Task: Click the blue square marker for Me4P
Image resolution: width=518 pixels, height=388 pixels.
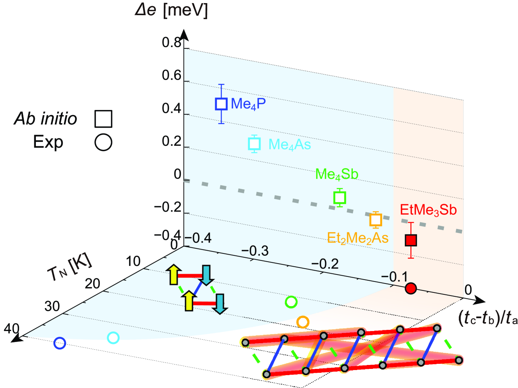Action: (x=221, y=104)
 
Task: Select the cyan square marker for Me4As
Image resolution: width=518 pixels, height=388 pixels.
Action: (x=255, y=144)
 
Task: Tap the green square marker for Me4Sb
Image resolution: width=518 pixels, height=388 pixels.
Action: (x=340, y=198)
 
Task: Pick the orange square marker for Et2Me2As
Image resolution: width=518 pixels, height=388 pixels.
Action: (x=375, y=220)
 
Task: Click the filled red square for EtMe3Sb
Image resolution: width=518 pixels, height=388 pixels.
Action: (x=411, y=240)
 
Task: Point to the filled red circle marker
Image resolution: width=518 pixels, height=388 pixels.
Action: (x=411, y=289)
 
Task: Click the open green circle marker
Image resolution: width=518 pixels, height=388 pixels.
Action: (x=291, y=301)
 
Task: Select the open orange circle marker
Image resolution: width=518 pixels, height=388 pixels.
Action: (x=302, y=322)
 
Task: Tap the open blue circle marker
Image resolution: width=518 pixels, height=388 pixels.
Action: (x=60, y=343)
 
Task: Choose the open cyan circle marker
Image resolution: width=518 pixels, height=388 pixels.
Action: (x=113, y=337)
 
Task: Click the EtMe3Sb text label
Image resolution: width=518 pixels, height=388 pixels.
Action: (x=428, y=210)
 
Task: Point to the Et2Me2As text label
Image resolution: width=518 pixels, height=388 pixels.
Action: (x=358, y=238)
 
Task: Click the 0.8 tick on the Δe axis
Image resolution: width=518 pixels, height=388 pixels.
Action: (x=171, y=43)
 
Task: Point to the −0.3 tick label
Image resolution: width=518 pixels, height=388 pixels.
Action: (x=255, y=251)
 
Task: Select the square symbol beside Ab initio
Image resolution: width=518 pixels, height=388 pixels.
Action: (x=103, y=119)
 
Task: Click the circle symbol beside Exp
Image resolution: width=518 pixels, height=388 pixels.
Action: (x=103, y=142)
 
